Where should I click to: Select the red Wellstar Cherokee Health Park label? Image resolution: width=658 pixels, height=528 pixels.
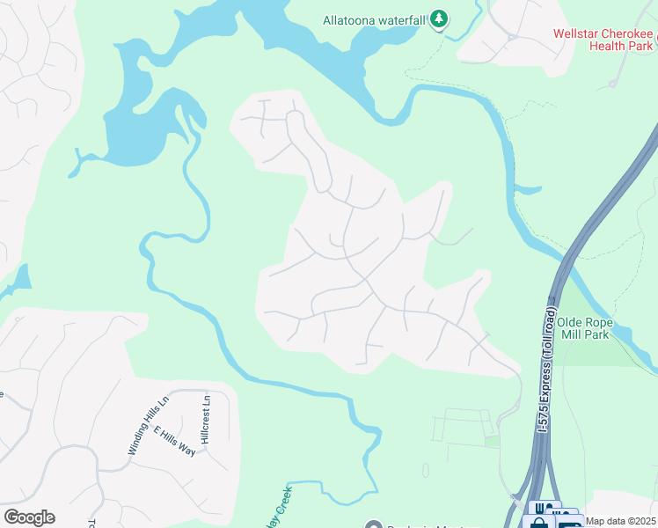point(604,41)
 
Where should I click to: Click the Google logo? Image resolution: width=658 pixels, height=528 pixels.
point(28,517)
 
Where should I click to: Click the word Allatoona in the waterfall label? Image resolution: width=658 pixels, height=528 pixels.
point(352,18)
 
